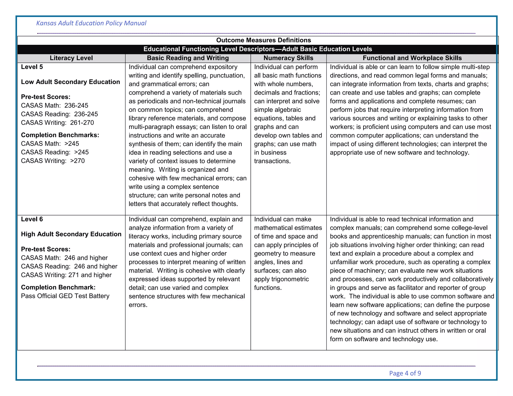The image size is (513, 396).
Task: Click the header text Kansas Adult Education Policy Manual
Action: [x=91, y=23]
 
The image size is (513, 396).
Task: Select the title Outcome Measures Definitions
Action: [x=264, y=40]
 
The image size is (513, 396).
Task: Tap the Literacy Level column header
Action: [x=71, y=58]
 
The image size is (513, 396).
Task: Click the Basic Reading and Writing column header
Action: [x=188, y=58]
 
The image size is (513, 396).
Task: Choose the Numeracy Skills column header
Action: [x=288, y=58]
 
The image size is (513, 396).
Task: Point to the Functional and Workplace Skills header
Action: [x=412, y=58]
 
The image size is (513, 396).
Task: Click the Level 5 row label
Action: [x=32, y=67]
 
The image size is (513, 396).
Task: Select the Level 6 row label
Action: [x=32, y=219]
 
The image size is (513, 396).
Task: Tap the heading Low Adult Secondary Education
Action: [x=70, y=82]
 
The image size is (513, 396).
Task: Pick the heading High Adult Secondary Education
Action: [x=71, y=234]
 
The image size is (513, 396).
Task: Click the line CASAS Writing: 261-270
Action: [x=57, y=123]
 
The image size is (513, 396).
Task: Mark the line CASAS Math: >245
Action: [x=50, y=144]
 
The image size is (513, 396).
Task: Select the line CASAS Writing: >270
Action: [x=53, y=161]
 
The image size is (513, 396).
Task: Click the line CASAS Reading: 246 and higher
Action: [x=69, y=266]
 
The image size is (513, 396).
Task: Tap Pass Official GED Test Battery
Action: [x=65, y=296]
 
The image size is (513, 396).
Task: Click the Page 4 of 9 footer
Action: [x=405, y=373]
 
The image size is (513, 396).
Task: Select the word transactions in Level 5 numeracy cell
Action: [x=272, y=161]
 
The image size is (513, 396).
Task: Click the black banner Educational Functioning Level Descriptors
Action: [x=258, y=49]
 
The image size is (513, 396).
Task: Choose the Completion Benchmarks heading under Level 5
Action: [x=60, y=135]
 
